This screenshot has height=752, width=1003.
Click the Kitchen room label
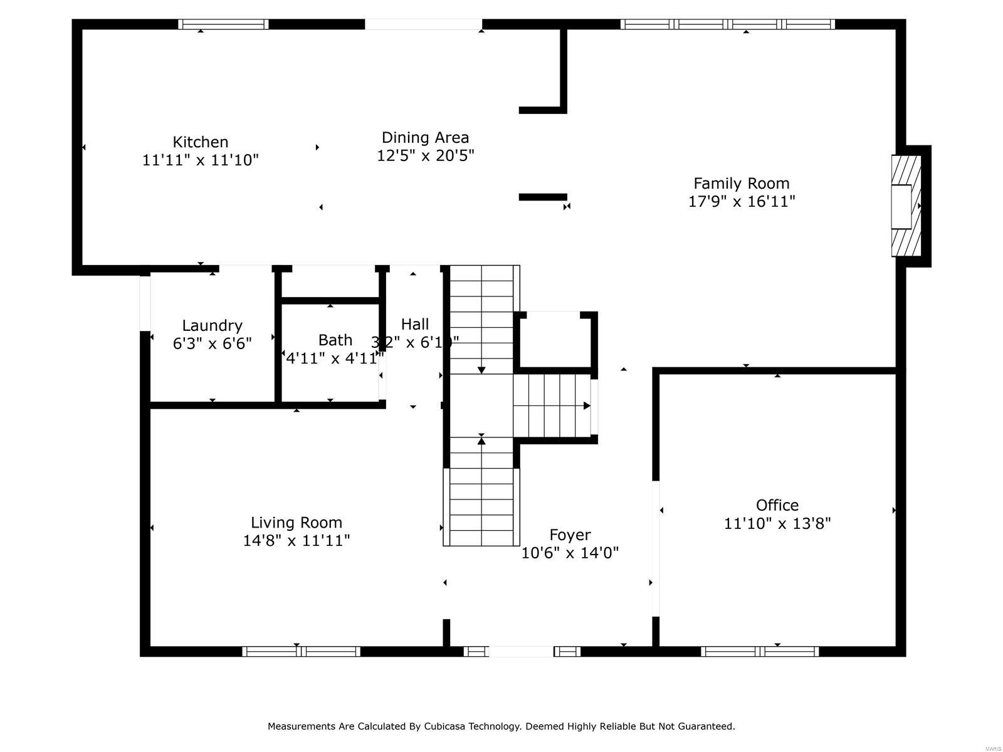coord(200,142)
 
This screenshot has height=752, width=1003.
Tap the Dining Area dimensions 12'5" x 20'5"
coord(425,155)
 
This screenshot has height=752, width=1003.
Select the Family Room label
coord(741,184)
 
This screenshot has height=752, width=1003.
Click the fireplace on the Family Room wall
coord(906,206)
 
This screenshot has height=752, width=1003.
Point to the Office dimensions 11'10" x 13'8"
coord(777,523)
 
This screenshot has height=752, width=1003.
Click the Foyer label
coord(570,535)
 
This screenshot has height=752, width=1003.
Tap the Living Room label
coord(297,523)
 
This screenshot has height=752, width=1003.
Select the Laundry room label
coord(212,325)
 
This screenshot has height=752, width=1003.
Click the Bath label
coord(335,340)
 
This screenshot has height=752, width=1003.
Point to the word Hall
coord(415,324)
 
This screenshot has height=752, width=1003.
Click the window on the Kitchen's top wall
coord(223,24)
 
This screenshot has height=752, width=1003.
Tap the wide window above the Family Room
coord(727,24)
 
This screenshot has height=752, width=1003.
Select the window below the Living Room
coord(301,651)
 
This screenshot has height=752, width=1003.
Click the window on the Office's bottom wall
coord(760,651)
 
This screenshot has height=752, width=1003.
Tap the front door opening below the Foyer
coord(520,651)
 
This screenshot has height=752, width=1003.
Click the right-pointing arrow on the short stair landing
coord(587,405)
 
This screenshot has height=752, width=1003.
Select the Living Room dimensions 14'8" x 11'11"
coord(297,541)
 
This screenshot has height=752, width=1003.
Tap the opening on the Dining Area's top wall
coord(423,24)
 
